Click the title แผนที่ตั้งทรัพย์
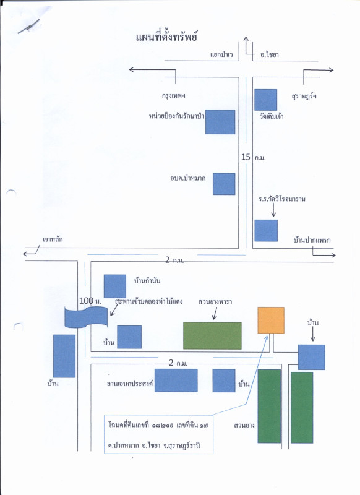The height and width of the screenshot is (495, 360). pos(166,37)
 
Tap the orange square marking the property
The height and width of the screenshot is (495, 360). pos(271,320)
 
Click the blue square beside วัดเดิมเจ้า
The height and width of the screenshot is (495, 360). pos(265,100)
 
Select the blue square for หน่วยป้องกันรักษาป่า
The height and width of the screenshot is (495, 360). pos(220,122)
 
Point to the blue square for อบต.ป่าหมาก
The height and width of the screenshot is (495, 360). pos(224,184)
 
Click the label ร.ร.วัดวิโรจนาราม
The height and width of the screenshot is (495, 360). pos(282,199)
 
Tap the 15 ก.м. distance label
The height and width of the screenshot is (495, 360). pos(254,157)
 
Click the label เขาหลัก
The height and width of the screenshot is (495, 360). pos(53,239)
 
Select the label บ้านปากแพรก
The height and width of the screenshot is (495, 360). pos(312,240)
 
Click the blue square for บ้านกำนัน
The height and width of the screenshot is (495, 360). pos(115,286)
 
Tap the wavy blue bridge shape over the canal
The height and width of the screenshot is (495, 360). pos(86,317)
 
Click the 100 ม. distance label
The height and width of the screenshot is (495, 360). pos(90,301)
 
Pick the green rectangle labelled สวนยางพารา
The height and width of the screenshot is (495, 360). pos(212,335)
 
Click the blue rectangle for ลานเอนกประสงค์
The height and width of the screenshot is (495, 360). pos(176,381)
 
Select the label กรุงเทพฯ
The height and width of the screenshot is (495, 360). pos(174,96)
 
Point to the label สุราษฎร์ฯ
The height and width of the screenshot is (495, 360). pos(304,96)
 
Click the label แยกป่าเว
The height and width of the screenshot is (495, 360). pos(221,54)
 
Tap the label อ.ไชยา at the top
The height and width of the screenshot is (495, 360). pos(270,54)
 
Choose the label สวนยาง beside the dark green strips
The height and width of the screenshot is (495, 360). pos(244,425)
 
